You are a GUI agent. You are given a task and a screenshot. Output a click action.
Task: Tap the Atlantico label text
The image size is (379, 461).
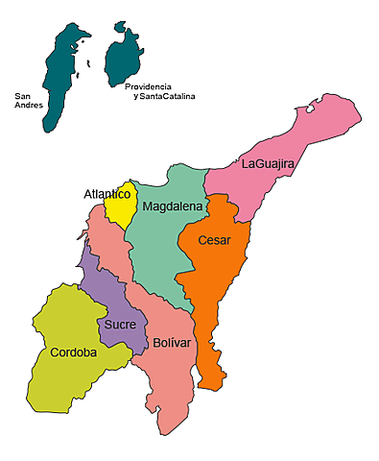(x=107, y=194)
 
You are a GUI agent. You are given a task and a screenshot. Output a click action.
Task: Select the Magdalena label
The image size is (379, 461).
(x=173, y=206)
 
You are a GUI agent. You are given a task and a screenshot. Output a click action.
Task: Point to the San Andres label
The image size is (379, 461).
(x=28, y=101)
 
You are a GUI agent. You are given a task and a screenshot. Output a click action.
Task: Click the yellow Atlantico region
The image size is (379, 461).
(x=119, y=211)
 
